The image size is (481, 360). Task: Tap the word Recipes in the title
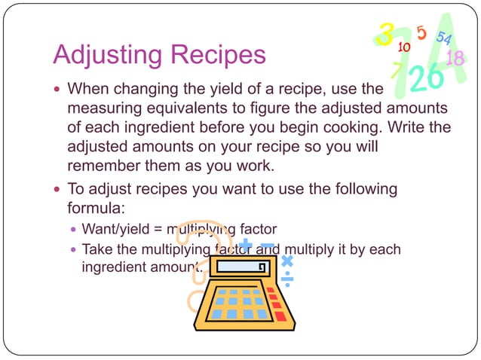(x=219, y=55)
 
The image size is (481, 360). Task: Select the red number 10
(x=404, y=47)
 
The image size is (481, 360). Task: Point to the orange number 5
(x=421, y=32)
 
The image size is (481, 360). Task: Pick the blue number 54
(x=443, y=38)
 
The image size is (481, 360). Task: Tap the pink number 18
(x=455, y=58)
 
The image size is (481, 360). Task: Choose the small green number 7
(x=397, y=71)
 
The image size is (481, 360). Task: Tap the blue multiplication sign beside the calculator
(x=286, y=261)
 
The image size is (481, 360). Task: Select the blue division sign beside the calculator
(x=287, y=280)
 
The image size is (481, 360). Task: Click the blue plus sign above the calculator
(x=246, y=244)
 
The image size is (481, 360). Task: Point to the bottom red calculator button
(x=280, y=316)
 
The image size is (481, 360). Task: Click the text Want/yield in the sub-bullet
(x=113, y=228)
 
